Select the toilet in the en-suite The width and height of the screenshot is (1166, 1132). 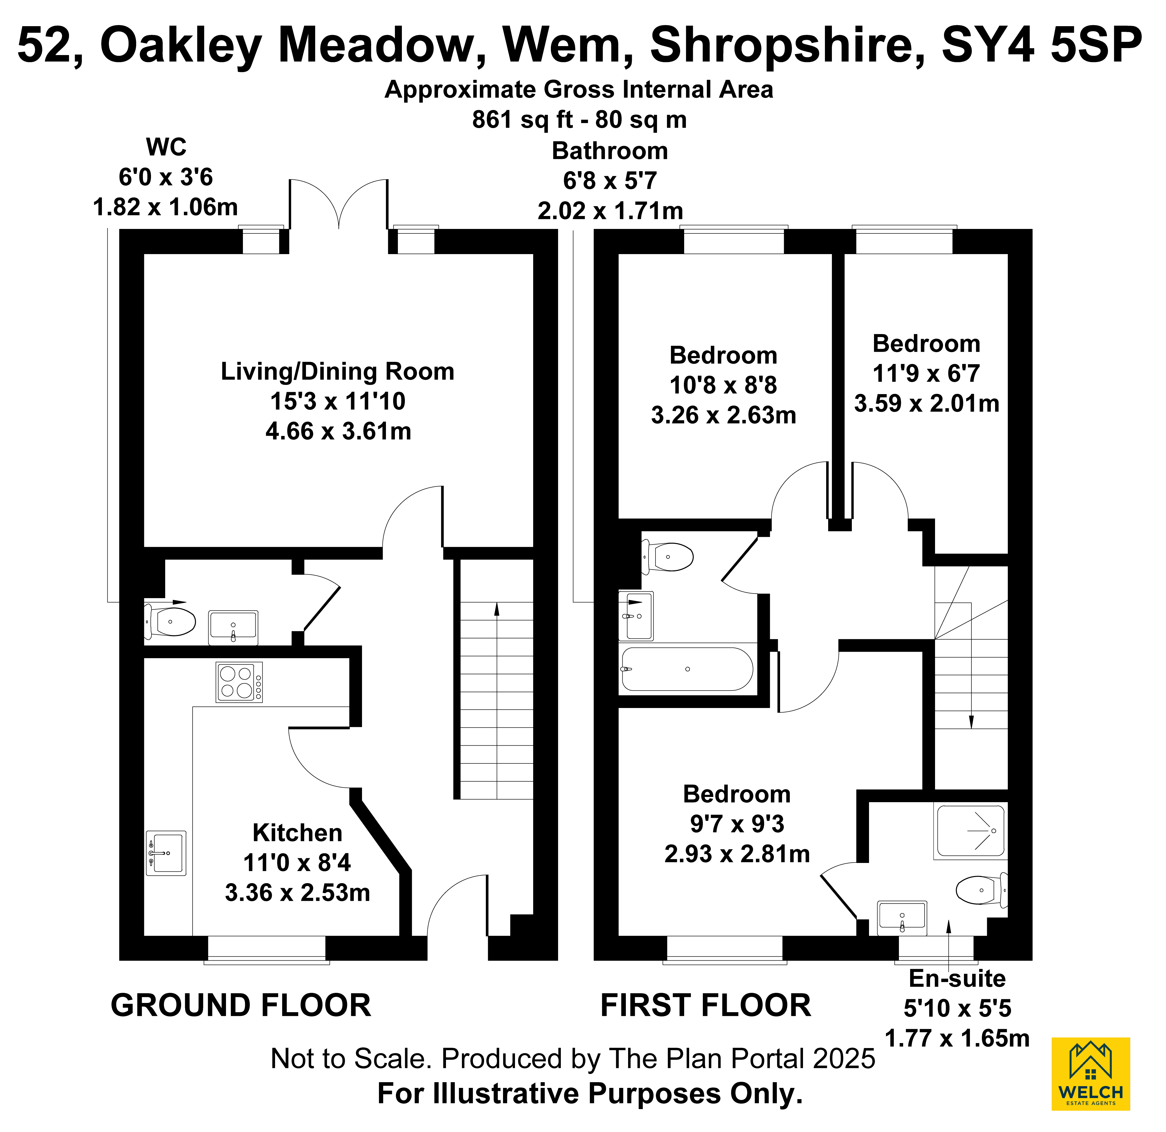[x=980, y=890]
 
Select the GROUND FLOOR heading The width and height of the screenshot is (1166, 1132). [x=241, y=1006]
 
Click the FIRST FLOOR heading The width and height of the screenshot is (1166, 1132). [x=706, y=1006]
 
